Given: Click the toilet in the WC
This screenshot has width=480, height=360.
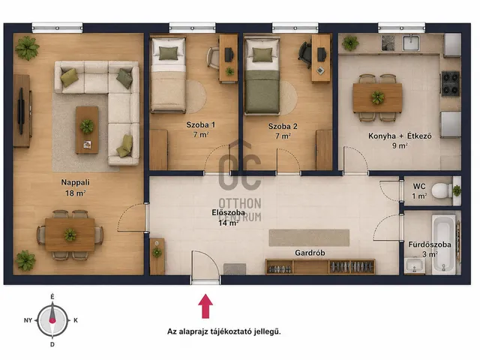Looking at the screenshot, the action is (442, 190).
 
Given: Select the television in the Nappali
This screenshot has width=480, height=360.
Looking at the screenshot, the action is (21, 111).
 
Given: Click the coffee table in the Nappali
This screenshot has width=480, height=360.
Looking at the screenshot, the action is (87, 130).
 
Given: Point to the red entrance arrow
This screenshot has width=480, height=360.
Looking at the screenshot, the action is (205, 306).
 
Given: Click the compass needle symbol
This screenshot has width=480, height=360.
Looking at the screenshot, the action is (52, 320).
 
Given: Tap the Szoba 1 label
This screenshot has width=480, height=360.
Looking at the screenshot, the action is (201, 125).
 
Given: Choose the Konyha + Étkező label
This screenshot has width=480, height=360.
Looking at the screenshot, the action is (400, 136).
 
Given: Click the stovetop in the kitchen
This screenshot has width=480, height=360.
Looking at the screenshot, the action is (450, 83).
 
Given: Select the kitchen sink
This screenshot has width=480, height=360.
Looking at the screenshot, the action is (412, 43).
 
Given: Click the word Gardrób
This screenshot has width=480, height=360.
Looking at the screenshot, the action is (310, 253).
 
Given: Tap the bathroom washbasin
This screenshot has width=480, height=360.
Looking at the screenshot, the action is (414, 265).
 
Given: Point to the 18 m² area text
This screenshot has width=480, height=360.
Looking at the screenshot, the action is (75, 193).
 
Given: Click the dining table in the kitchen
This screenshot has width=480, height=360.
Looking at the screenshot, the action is (377, 98).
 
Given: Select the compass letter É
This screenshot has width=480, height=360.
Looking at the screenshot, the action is (52, 297).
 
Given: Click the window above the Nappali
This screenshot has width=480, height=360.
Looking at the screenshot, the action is (57, 28).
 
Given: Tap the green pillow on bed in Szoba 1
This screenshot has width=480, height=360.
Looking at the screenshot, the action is (168, 53).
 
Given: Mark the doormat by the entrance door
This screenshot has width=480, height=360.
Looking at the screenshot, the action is (235, 269).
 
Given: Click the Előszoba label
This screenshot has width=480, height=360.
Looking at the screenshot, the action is (228, 212).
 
